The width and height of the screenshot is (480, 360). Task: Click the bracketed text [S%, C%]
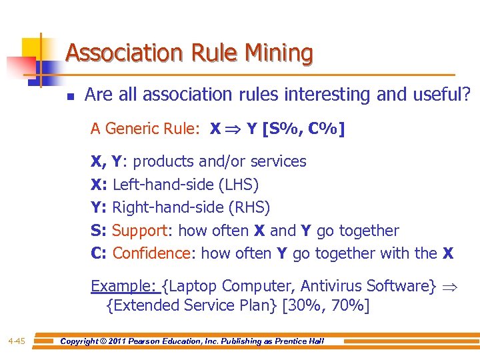pyautogui.click(x=304, y=129)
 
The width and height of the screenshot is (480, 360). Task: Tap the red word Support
pyautogui.click(x=139, y=231)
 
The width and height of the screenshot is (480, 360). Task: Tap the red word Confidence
pyautogui.click(x=151, y=253)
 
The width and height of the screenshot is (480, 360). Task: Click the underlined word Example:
pyautogui.click(x=124, y=286)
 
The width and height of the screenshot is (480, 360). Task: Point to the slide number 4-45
pyautogui.click(x=17, y=341)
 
